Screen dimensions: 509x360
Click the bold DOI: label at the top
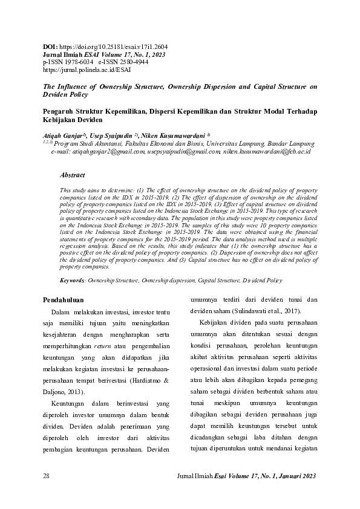pyautogui.click(x=50, y=46)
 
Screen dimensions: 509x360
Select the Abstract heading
pyautogui.click(x=72, y=175)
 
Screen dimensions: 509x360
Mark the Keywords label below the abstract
pyautogui.click(x=73, y=280)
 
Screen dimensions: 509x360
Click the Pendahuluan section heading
pyautogui.click(x=66, y=300)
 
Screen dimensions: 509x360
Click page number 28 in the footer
pyautogui.click(x=47, y=476)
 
